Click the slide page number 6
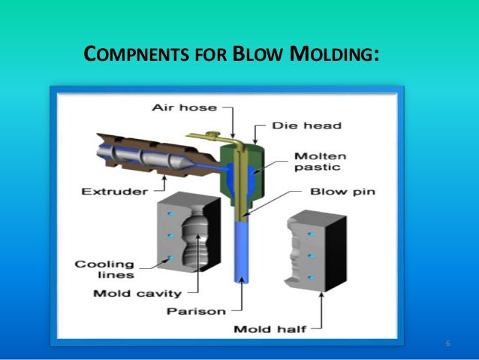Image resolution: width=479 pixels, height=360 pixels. click(447, 344)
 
